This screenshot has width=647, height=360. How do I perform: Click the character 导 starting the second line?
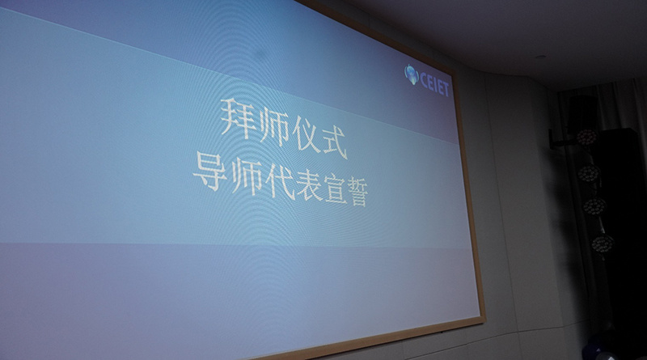point(210,171)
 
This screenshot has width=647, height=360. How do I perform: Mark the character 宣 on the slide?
point(336,192)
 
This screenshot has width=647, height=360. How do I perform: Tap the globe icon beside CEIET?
point(412,74)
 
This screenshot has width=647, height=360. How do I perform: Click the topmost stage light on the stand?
point(587,138)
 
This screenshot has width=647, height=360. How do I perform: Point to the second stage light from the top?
point(590,173)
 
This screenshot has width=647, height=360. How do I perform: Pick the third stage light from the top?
point(594,206)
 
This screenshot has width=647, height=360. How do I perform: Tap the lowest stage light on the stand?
point(603,244)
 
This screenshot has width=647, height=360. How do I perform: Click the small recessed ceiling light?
point(540,57)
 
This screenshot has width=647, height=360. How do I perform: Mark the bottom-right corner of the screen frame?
point(485,318)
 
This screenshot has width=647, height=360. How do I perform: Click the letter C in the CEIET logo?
point(424,78)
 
